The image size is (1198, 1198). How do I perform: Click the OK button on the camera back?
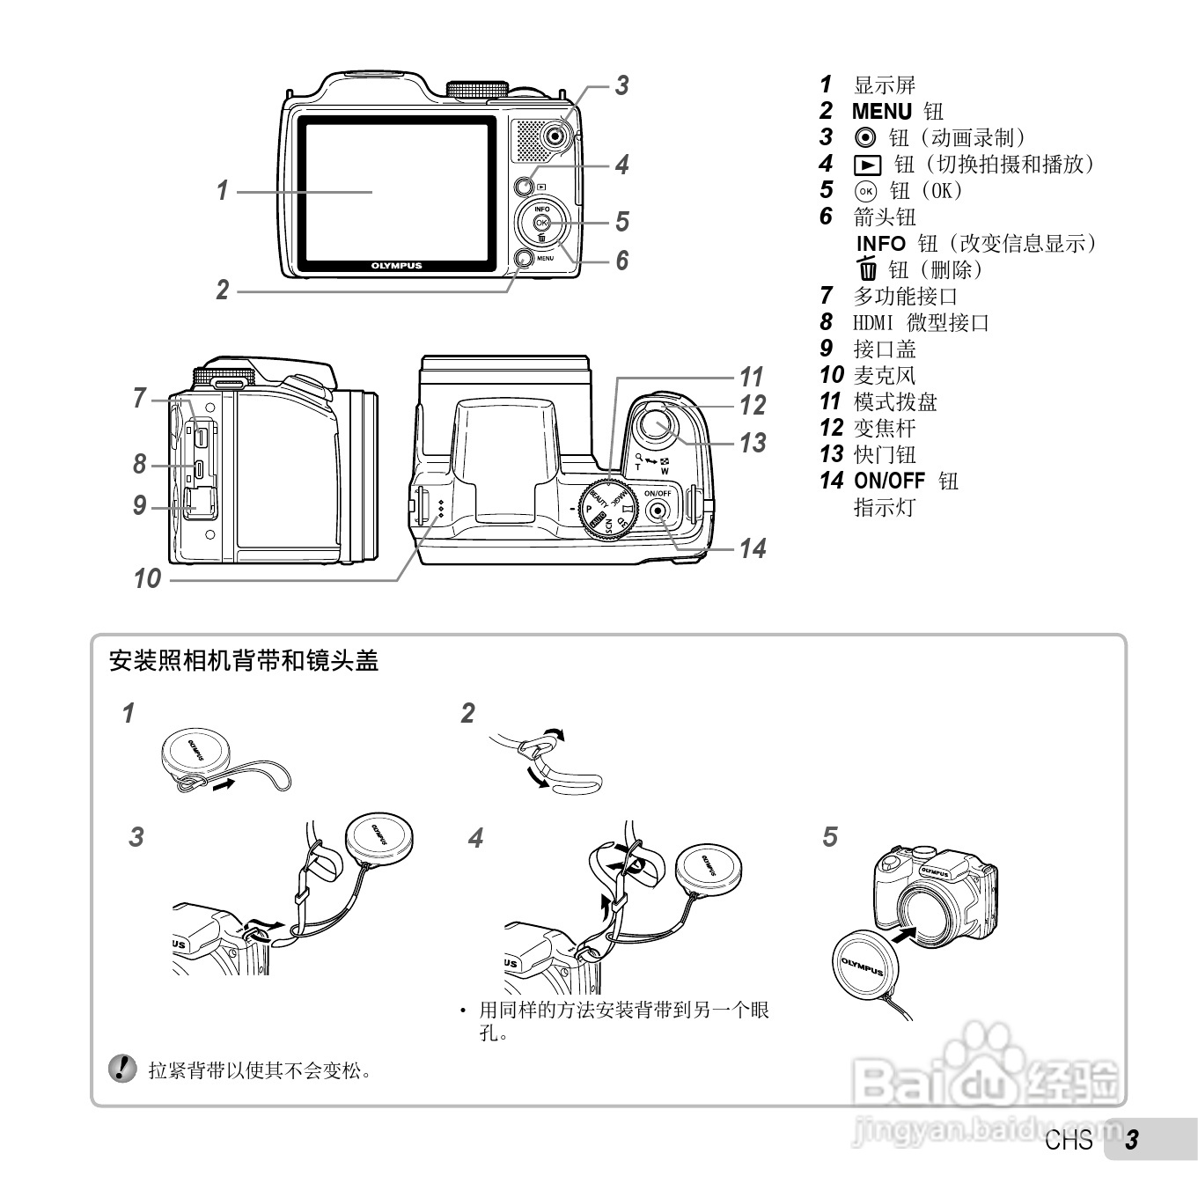pos(541,223)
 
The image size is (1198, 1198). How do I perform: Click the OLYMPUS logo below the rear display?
pos(396,265)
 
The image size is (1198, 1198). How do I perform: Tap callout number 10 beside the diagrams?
pos(147,578)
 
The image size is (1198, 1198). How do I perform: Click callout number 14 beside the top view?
pos(752,548)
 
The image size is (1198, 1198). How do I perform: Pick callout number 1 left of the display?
pos(223,189)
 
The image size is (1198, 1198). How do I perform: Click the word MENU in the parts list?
pos(881,112)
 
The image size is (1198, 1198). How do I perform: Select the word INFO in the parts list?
pos(880,244)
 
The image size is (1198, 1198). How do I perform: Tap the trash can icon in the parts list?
pos(868,269)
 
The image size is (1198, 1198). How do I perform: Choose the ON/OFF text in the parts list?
pos(889,481)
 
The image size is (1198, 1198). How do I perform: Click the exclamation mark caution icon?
pos(122,1069)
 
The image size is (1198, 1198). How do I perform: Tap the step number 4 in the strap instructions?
pos(476,838)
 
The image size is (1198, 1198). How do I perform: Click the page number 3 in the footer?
pos(1132,1140)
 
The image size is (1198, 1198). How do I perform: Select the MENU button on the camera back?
pos(524,258)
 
